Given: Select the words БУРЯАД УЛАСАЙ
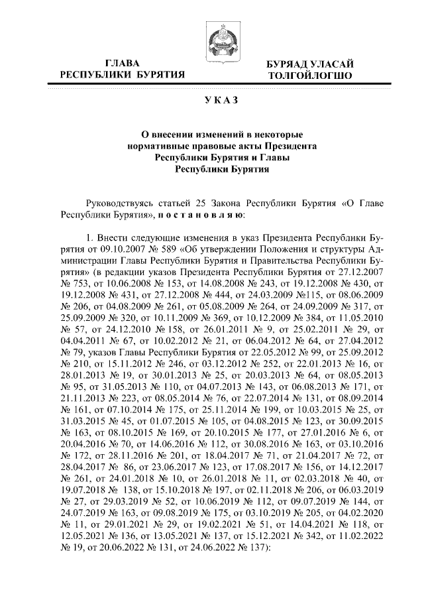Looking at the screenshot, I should [x=309, y=64].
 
